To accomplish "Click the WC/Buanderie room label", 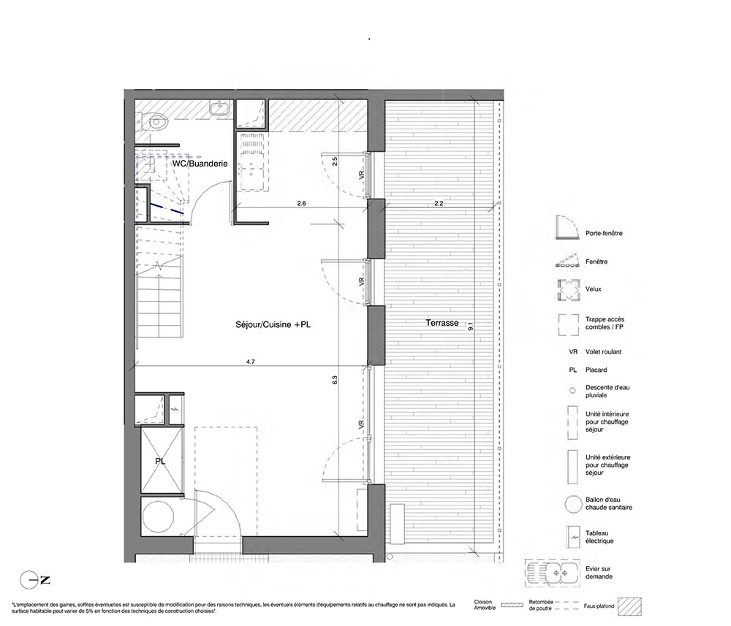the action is click(200, 164).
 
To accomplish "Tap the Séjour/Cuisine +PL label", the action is click(273, 324).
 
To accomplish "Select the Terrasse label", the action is click(442, 323).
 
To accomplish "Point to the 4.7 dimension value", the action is click(250, 362).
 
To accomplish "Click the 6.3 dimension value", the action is click(335, 380).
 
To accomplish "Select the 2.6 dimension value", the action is click(302, 204).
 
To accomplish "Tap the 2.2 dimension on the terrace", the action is click(439, 204).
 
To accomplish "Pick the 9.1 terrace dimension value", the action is click(470, 327).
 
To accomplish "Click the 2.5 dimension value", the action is click(335, 161).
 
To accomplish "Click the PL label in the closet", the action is click(160, 462).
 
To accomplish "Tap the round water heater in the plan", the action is click(159, 517).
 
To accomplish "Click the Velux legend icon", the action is click(568, 290).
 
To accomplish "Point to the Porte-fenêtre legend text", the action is click(604, 233).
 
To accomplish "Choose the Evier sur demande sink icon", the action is click(553, 573).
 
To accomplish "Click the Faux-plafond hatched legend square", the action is click(629, 606).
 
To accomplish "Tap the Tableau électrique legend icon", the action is click(572, 537).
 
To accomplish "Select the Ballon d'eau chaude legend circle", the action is click(572, 504).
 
